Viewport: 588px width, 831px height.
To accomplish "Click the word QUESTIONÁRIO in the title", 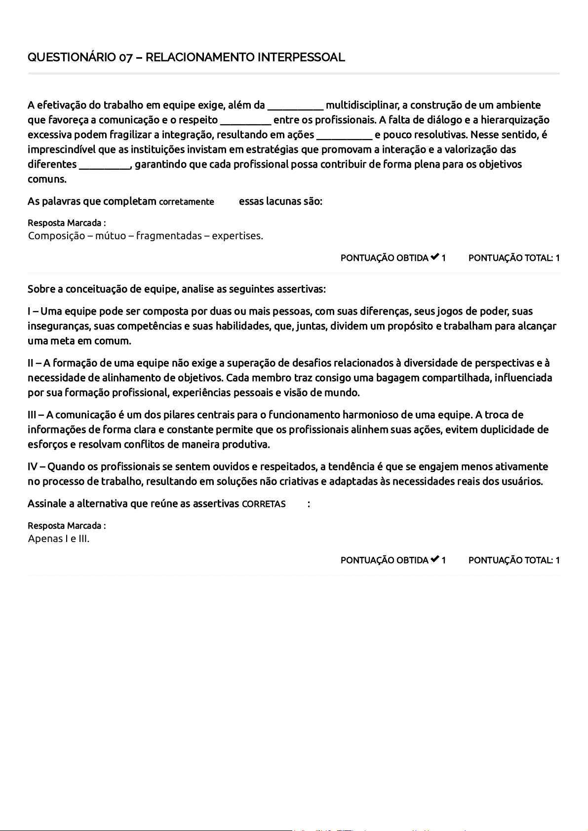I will pos(72,58).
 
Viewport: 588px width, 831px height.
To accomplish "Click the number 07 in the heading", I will pos(125,58).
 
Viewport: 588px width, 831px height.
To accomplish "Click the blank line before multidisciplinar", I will pos(295,106).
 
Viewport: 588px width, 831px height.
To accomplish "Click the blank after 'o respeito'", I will pos(245,121).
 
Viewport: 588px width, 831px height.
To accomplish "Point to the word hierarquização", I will pos(515,120).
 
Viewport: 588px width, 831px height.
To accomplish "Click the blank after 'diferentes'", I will pos(104,165).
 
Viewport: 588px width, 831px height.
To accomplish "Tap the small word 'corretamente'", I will pos(187,202).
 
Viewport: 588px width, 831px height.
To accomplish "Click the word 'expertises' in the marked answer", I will pos(237,236).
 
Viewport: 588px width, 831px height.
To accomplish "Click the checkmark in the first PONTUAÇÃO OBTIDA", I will pos(434,257).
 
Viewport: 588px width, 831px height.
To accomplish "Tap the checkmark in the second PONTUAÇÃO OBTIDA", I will pos(434,559).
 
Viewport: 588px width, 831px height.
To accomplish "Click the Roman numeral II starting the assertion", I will pos(31,363).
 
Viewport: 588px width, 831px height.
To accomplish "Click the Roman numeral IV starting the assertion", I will pos(32,467).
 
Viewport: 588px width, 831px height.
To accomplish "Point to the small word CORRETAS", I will pos(264,504).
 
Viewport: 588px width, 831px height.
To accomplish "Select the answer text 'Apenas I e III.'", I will pos(59,539).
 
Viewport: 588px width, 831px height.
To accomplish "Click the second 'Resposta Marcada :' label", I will pos(67,526).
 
